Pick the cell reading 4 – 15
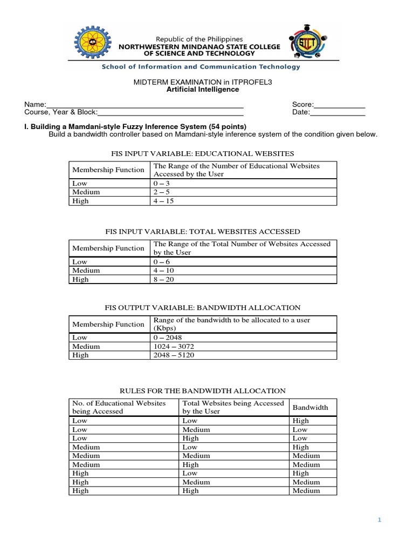pyautogui.click(x=162, y=201)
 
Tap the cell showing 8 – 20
pyautogui.click(x=162, y=280)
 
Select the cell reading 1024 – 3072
pyautogui.click(x=172, y=346)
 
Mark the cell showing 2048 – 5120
pyautogui.click(x=172, y=355)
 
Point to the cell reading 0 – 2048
pyautogui.click(x=168, y=338)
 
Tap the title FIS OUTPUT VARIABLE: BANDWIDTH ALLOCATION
pyautogui.click(x=202, y=307)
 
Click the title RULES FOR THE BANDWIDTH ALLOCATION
pyautogui.click(x=202, y=390)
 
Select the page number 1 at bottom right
pyautogui.click(x=379, y=520)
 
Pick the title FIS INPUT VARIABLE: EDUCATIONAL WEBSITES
pyautogui.click(x=202, y=153)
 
